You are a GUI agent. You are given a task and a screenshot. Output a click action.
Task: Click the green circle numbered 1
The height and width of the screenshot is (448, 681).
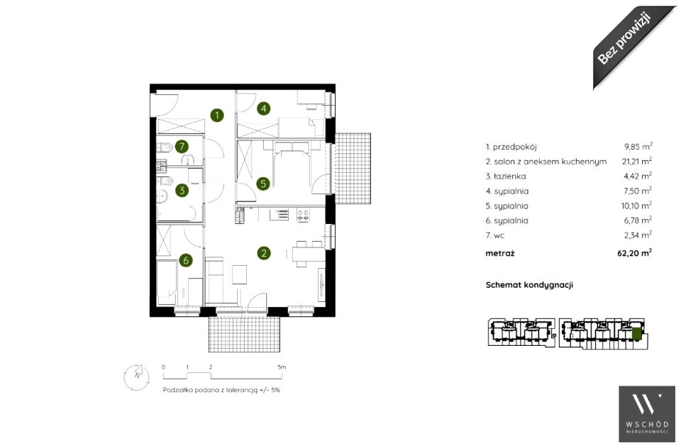click(x=217, y=116)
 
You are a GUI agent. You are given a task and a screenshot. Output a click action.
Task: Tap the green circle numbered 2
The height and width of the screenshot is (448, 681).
click(x=264, y=253)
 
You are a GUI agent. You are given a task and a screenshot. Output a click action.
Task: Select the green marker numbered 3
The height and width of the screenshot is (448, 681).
click(x=182, y=190)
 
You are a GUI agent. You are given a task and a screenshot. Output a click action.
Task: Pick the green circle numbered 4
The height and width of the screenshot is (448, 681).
click(x=264, y=108)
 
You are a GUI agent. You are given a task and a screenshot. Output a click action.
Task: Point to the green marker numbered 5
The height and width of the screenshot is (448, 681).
click(x=262, y=184)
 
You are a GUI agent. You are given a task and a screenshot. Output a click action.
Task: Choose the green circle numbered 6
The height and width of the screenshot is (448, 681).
click(x=186, y=260)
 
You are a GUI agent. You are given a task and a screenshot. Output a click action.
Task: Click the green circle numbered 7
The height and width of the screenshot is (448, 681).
click(x=182, y=147)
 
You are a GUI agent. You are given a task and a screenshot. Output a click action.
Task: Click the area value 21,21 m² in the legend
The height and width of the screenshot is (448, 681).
click(x=637, y=161)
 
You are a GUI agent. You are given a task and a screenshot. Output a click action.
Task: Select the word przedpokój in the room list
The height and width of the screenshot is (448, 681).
click(x=515, y=147)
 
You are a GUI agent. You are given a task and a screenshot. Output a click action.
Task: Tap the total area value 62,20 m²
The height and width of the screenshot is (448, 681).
click(x=634, y=252)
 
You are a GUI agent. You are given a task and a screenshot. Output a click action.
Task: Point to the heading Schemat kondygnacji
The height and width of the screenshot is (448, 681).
click(x=529, y=285)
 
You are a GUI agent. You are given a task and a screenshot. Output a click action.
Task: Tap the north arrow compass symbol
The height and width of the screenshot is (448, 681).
click(x=136, y=376)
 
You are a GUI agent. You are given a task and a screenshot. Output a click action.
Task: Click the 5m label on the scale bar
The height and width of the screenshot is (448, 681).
click(x=282, y=367)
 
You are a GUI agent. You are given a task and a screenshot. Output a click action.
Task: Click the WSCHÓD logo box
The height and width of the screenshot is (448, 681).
click(x=647, y=414)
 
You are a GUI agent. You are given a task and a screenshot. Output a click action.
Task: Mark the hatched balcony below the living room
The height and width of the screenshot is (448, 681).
click(x=243, y=334)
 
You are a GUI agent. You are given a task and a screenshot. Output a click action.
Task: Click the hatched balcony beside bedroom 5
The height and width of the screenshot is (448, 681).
click(x=353, y=169)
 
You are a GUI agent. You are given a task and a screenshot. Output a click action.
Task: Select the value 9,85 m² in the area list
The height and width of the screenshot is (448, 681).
click(x=638, y=147)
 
